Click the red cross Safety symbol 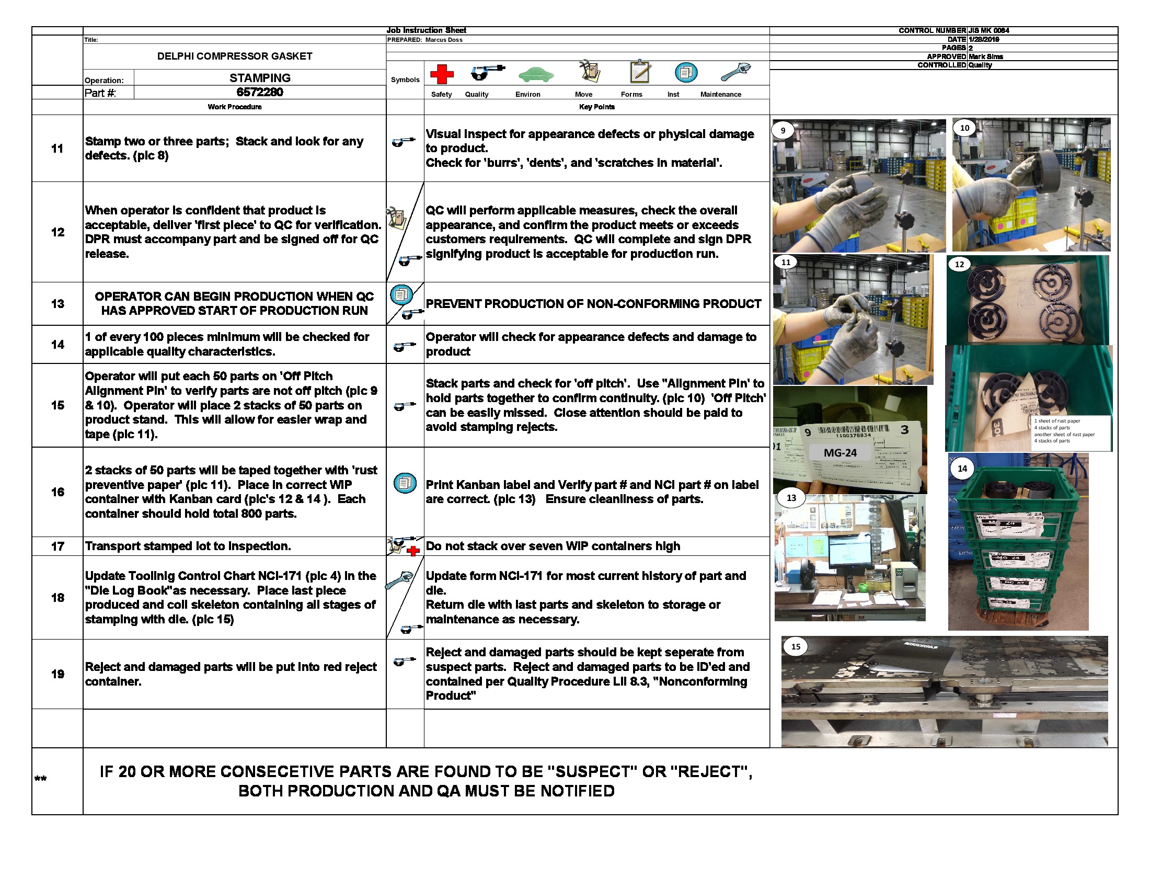tap(441, 74)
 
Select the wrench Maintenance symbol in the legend tap(735, 72)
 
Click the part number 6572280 tap(260, 92)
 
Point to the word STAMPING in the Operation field tap(260, 78)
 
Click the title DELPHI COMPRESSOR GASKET tap(234, 56)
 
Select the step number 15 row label tap(57, 405)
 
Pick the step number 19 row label tap(57, 674)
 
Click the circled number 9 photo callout tap(783, 131)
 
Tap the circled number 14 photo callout tap(962, 468)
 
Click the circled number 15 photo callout tap(796, 646)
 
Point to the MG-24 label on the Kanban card tap(840, 452)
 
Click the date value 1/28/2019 tap(984, 40)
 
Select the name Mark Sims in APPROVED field tap(986, 56)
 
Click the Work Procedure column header tap(234, 107)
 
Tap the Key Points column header tap(596, 107)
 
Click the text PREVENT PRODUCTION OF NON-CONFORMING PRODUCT tap(593, 304)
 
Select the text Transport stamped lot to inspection tap(188, 546)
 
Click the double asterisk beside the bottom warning tap(41, 779)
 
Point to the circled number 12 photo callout tap(959, 265)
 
